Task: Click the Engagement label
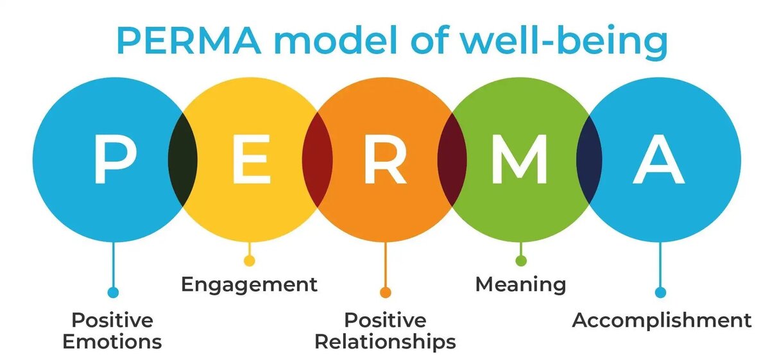click(x=249, y=284)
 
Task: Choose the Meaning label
click(x=520, y=284)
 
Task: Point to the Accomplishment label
click(x=662, y=320)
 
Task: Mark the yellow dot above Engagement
click(x=250, y=261)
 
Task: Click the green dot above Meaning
click(x=521, y=261)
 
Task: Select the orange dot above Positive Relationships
click(x=386, y=293)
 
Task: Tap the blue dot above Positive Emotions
click(x=114, y=293)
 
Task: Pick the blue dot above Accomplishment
click(x=660, y=293)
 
